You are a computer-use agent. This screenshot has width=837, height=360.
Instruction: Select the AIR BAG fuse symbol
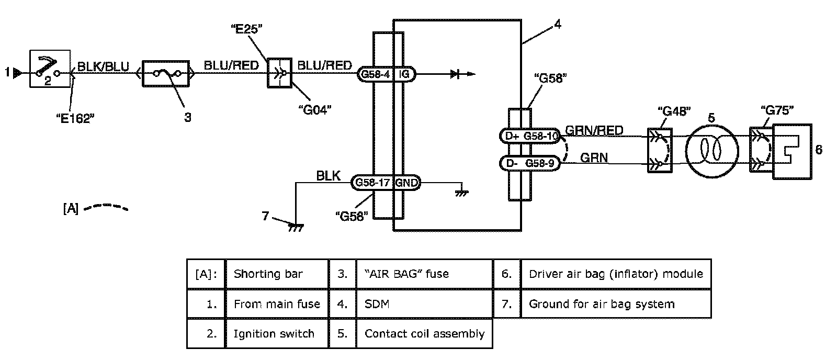pos(166,74)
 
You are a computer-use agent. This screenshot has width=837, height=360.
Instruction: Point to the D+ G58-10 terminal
pos(530,137)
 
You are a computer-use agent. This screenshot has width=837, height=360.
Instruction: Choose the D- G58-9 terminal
pos(530,163)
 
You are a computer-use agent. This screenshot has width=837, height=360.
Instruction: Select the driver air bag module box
pos(792,151)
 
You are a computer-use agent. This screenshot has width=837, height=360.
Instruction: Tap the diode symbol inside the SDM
pos(455,74)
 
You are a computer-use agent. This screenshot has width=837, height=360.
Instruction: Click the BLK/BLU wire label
pos(103,66)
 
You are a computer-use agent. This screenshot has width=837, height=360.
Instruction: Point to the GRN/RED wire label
pos(594,130)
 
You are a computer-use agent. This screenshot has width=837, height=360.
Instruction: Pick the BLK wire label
pos(328,176)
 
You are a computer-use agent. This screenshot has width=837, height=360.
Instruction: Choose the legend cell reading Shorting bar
pos(276,274)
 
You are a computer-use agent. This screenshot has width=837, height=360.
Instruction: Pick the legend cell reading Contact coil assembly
pos(424,334)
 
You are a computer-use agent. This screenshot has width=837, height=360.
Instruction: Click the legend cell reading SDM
pos(424,303)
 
